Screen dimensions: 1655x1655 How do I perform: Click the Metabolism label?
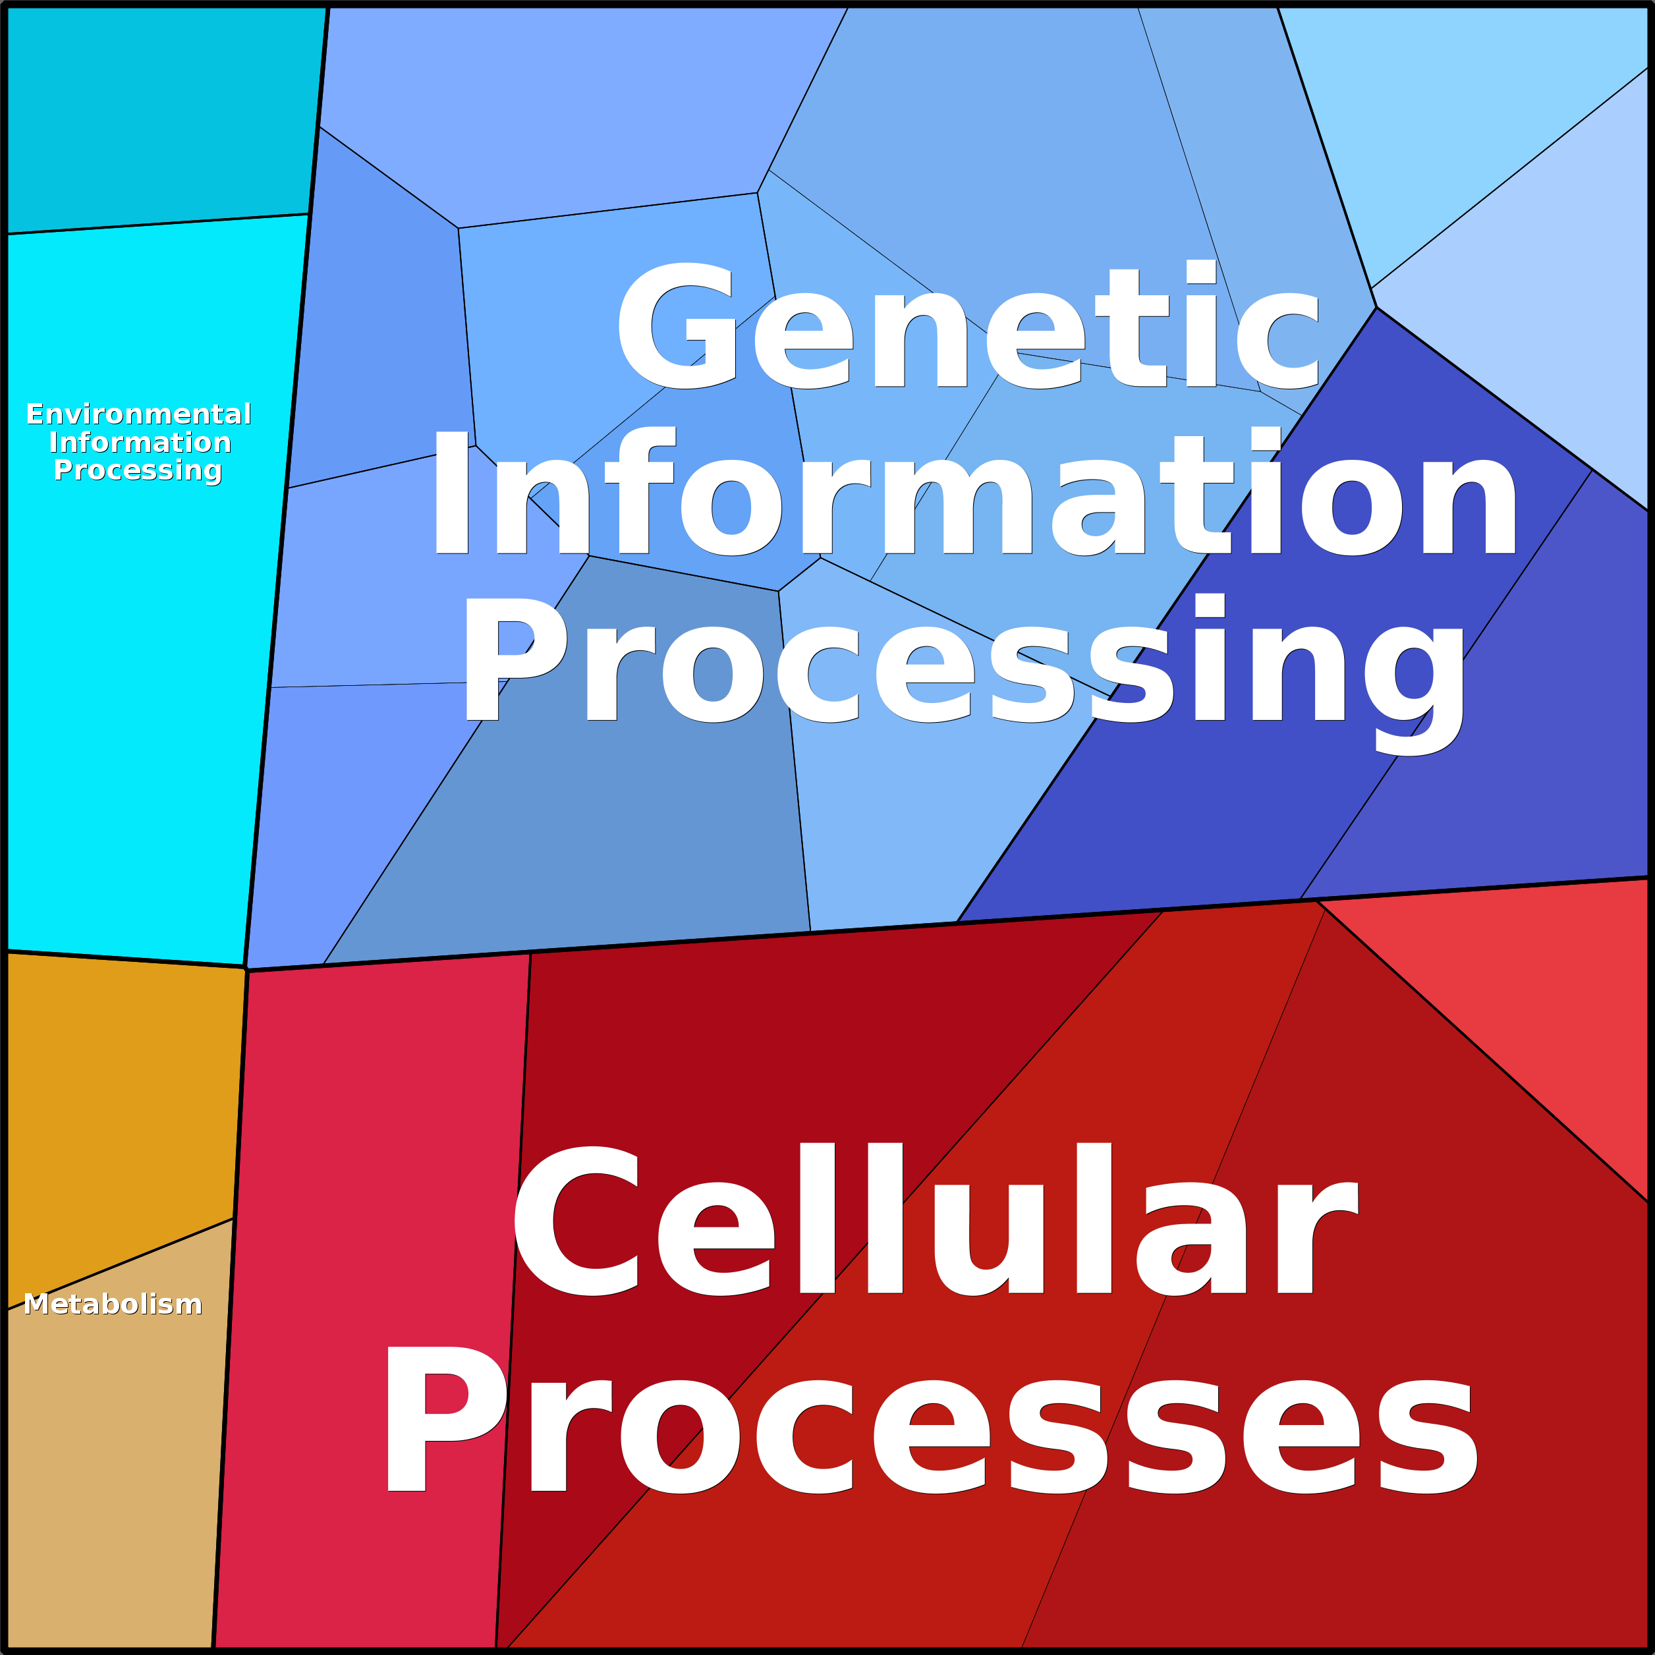pos(112,1304)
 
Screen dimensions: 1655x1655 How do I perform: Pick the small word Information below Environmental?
pos(140,442)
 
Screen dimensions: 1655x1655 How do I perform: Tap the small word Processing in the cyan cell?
pos(137,470)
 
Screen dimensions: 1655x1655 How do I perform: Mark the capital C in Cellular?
pos(576,1221)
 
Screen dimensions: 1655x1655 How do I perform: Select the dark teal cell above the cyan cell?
pos(163,116)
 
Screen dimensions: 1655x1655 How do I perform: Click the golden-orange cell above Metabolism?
pos(120,1105)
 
